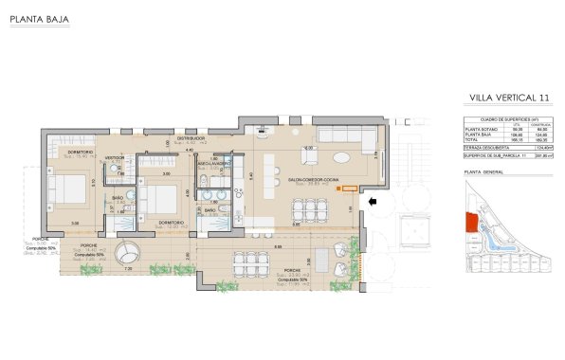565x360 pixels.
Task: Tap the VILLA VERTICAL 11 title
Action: [509, 97]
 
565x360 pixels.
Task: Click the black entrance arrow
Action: [374, 201]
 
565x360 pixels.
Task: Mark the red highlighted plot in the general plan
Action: [469, 224]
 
